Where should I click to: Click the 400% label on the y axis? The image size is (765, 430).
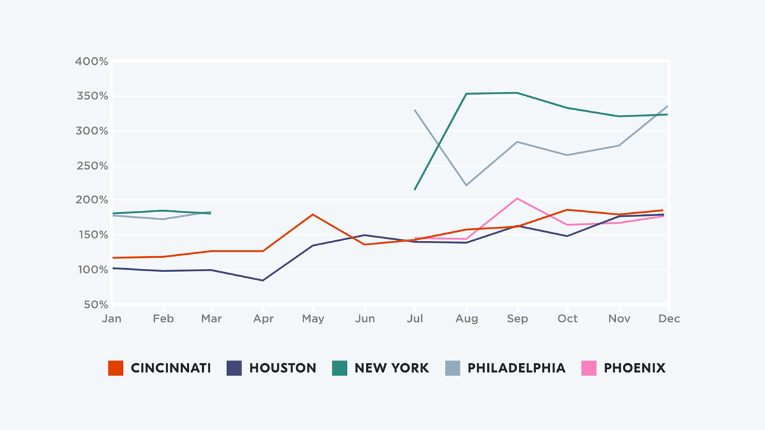92,62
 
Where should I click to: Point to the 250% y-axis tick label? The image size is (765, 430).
92,166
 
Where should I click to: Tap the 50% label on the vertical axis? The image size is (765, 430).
95,305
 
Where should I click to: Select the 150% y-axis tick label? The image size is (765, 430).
92,235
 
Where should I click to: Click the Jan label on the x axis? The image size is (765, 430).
112,319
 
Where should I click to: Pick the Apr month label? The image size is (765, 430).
263,319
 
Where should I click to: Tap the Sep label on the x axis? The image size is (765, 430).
517,319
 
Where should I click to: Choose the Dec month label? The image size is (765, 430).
669,319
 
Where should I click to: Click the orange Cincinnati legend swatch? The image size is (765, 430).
115,368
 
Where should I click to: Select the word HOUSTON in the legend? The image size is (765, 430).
282,368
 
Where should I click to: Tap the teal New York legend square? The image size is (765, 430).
340,368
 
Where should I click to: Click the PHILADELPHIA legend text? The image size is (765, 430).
516,368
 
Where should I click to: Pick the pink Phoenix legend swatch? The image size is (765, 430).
588,368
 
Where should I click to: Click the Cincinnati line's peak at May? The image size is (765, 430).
312,214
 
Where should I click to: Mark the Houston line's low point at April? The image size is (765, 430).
263,280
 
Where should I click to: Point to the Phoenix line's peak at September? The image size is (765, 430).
517,198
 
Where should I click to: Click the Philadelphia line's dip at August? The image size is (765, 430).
466,185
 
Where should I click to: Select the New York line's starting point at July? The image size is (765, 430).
415,189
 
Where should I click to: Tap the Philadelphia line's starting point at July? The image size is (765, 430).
415,110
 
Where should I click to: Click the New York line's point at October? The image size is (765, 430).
567,108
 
